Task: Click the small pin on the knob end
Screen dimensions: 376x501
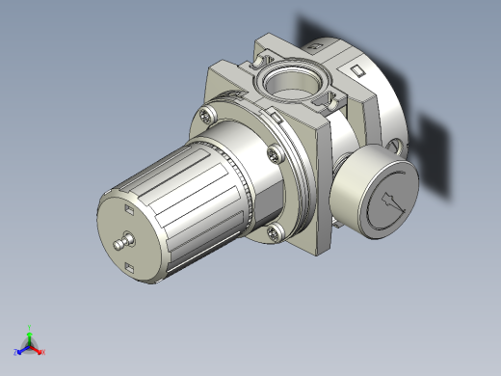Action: pyautogui.click(x=121, y=241)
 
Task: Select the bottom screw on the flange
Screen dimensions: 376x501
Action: pyautogui.click(x=276, y=230)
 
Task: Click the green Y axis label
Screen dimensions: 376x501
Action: pyautogui.click(x=30, y=327)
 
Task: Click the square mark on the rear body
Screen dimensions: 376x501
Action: pyautogui.click(x=356, y=71)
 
